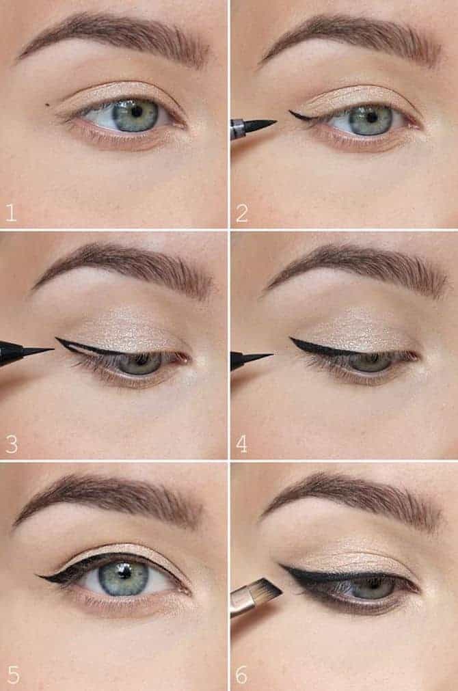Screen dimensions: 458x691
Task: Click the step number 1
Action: [x=11, y=213]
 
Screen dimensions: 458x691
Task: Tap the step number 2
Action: [x=242, y=213]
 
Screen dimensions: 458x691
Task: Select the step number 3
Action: [x=12, y=444]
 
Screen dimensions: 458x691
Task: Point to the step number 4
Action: [x=241, y=444]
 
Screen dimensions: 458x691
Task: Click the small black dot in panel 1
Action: [x=48, y=105]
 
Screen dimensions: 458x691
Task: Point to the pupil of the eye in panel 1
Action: [x=137, y=112]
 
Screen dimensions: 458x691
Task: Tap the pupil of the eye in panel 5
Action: [x=124, y=573]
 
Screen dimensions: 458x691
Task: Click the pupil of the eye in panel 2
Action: [x=372, y=117]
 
